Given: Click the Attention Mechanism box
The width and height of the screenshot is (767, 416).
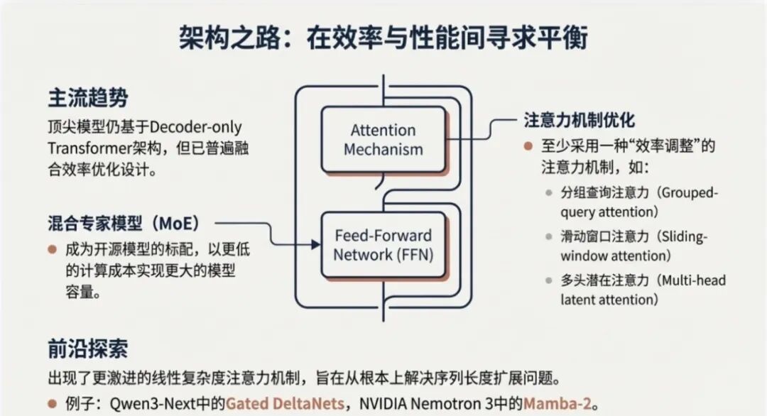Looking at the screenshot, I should tap(383, 140).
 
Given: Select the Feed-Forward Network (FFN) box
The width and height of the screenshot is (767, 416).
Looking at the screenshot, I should tap(383, 245).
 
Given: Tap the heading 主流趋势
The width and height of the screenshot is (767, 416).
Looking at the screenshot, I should tap(88, 98).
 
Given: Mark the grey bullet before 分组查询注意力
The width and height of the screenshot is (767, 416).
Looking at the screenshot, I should tap(548, 193).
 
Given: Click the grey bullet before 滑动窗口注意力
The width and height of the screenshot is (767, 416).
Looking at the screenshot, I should tap(548, 237).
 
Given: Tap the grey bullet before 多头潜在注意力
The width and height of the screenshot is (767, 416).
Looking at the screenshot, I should tap(548, 280).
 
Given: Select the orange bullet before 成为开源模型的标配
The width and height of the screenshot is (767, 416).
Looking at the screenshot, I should tap(53, 250).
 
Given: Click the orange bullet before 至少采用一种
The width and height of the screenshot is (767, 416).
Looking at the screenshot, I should tap(528, 146).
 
